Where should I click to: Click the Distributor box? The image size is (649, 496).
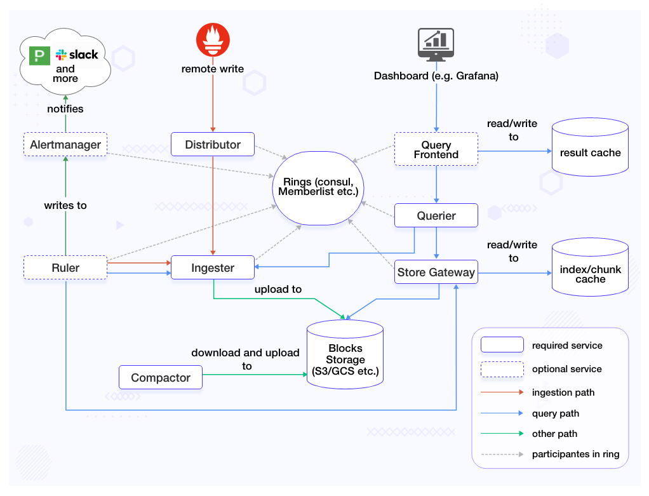point(213,144)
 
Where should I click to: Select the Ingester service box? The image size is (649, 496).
point(213,268)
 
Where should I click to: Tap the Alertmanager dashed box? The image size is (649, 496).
point(65,144)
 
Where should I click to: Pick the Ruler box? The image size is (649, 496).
point(65,268)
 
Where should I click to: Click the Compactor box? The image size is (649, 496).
point(161,377)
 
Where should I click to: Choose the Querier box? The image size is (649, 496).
point(436,215)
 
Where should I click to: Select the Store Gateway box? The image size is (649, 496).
point(436,272)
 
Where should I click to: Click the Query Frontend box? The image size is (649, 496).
point(436,150)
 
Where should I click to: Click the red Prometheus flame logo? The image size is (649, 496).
point(213,39)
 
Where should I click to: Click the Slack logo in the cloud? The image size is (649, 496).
point(77,55)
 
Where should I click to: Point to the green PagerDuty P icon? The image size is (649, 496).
point(39,55)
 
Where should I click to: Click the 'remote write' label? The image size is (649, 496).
point(213,69)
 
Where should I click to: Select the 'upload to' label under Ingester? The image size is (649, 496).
point(278,289)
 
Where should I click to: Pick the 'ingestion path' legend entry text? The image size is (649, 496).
point(563,392)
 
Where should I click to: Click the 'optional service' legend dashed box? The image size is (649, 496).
point(502,369)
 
